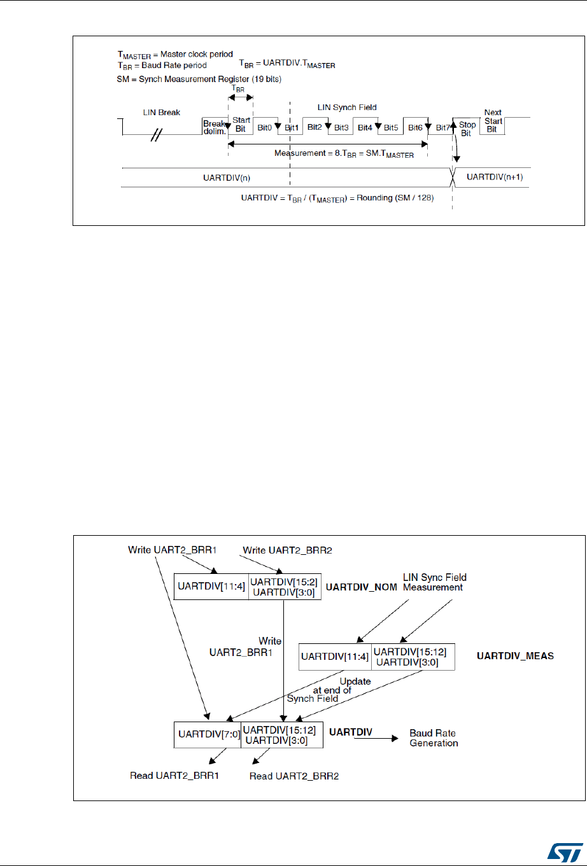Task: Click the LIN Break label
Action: [x=162, y=113]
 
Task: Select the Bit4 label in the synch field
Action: [x=364, y=128]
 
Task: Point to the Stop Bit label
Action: [x=467, y=129]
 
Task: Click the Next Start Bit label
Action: [x=493, y=121]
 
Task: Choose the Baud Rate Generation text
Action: [x=434, y=738]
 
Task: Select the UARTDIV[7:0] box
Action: [x=207, y=734]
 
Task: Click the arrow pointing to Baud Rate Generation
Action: [x=379, y=738]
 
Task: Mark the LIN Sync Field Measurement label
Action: [x=435, y=582]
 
